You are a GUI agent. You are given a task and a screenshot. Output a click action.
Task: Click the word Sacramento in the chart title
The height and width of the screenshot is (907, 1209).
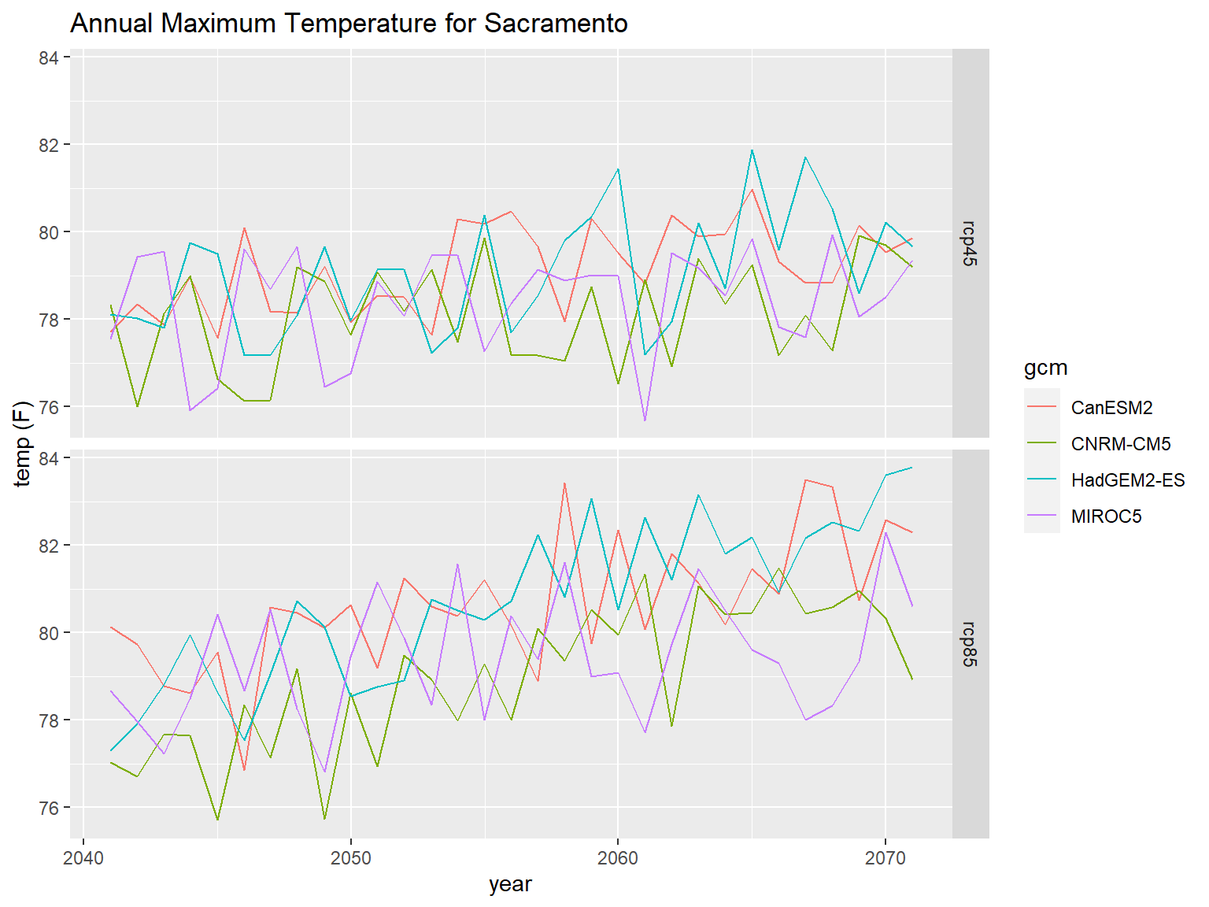click(x=556, y=24)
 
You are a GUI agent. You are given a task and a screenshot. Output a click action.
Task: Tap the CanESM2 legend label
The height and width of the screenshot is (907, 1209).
click(x=1111, y=408)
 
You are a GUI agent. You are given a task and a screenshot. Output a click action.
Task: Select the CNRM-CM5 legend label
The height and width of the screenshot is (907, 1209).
click(x=1121, y=444)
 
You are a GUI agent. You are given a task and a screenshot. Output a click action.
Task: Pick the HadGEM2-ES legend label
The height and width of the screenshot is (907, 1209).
click(x=1128, y=480)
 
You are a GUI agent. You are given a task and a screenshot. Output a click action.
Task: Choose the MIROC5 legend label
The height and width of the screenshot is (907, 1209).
click(x=1106, y=516)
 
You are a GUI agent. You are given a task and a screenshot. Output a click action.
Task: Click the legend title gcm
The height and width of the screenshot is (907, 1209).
click(x=1045, y=368)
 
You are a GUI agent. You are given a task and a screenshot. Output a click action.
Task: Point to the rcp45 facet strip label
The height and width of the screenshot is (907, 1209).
click(x=970, y=243)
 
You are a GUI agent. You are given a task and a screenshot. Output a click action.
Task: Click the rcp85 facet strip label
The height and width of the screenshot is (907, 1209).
click(x=970, y=644)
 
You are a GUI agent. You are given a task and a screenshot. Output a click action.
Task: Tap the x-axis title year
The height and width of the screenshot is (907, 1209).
click(x=510, y=884)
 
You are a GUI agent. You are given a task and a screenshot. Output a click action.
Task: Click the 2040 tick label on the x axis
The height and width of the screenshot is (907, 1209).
click(x=83, y=857)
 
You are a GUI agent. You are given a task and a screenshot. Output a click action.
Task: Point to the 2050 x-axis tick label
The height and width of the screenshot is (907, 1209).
click(x=350, y=857)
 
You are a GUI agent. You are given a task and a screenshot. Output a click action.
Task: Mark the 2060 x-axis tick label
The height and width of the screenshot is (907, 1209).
click(x=618, y=857)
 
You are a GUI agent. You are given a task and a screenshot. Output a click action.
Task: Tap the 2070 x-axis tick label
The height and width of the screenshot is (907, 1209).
click(x=885, y=857)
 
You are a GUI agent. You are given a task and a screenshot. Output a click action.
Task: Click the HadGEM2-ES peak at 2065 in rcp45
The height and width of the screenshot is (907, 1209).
click(x=752, y=150)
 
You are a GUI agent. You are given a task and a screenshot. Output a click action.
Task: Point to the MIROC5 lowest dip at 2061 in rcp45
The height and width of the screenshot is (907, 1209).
click(x=645, y=420)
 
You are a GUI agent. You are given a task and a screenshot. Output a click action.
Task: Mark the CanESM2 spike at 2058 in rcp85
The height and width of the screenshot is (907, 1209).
click(x=564, y=483)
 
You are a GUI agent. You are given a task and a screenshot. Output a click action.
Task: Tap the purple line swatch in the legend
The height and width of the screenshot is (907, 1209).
click(x=1042, y=516)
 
